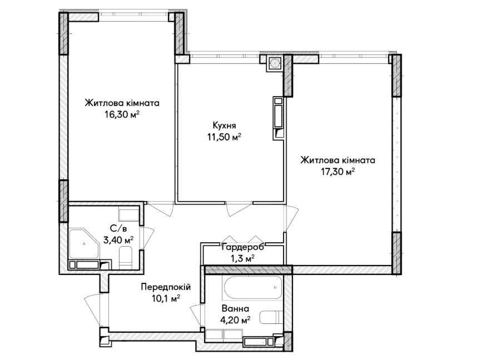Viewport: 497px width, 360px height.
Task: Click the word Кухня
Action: click(224, 126)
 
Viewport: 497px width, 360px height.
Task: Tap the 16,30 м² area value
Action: click(122, 114)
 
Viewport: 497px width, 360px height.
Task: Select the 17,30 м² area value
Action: click(337, 172)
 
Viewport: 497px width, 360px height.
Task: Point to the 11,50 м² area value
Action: click(224, 137)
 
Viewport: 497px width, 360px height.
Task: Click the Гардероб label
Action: click(242, 247)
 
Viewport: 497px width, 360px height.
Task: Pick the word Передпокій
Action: click(166, 287)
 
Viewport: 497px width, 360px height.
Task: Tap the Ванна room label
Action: click(235, 308)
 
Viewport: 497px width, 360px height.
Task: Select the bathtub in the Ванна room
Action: click(252, 287)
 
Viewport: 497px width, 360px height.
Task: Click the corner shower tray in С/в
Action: click(84, 243)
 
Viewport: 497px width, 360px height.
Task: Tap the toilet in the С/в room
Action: click(126, 257)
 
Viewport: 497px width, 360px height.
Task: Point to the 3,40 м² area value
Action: click(118, 240)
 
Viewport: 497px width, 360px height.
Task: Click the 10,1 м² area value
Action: click(166, 298)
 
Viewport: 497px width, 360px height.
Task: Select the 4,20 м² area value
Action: click(235, 320)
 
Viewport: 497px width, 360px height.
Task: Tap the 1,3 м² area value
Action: click(242, 259)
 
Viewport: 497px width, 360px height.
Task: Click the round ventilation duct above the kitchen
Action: click(274, 63)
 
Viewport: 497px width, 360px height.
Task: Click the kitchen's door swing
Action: click(240, 209)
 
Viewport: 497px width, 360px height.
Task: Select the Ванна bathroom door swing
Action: click(196, 316)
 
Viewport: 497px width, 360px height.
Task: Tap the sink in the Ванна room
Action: click(271, 317)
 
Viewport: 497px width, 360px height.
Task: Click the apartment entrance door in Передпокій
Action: click(93, 312)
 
